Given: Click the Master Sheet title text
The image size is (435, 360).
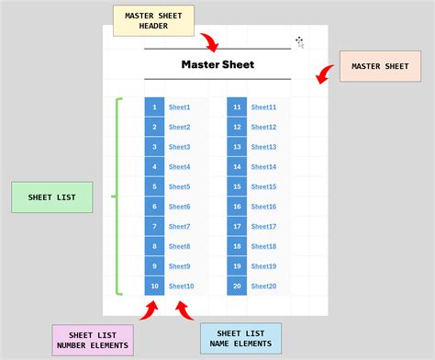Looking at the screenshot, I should [x=217, y=64].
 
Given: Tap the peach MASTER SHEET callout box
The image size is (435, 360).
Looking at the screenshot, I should [x=373, y=67].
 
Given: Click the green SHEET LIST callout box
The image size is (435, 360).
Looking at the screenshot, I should [x=51, y=197].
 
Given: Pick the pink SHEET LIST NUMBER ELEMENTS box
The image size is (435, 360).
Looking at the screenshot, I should [x=92, y=339].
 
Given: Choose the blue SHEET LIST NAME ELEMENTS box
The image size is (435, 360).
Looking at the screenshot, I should [x=240, y=339].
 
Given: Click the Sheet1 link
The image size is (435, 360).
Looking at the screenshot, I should [x=179, y=107].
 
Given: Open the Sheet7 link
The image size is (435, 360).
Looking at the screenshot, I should [x=179, y=227].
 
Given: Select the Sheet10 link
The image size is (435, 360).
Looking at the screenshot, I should [x=181, y=287].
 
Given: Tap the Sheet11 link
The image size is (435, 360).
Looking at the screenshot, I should [x=263, y=107].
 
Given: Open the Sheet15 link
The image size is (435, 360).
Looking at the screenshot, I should [x=263, y=187].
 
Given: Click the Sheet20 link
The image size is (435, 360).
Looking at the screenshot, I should [x=263, y=287].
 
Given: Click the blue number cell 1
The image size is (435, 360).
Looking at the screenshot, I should [x=154, y=107].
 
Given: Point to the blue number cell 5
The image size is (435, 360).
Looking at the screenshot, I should [x=154, y=187].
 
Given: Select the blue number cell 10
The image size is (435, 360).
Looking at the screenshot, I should [x=154, y=287].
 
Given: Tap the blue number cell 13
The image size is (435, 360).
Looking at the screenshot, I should [x=237, y=147].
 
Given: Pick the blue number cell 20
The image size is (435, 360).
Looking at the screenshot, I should [x=237, y=287].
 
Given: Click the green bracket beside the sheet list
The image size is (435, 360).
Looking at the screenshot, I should [x=117, y=197].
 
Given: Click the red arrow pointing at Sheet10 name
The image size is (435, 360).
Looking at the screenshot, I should [x=185, y=309].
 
